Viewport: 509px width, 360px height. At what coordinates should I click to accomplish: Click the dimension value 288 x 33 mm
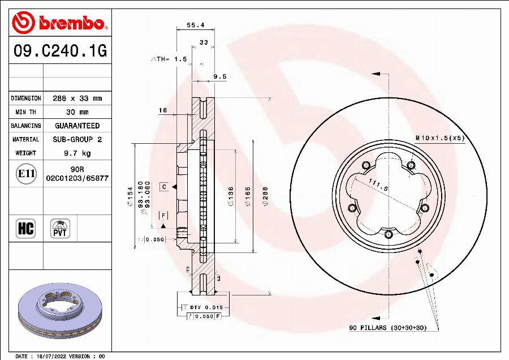pos(77,98)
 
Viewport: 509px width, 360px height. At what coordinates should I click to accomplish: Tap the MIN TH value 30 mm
pos(77,112)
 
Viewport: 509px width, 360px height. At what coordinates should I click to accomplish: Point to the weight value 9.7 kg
pos(77,153)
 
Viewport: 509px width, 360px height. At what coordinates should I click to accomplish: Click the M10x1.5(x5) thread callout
pos(439,138)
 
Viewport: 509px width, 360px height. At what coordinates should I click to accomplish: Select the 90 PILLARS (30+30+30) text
pos(387,328)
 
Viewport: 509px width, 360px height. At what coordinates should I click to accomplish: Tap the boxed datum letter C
pos(163,186)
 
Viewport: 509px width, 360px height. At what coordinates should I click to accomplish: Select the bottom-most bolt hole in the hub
pos(389,234)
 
